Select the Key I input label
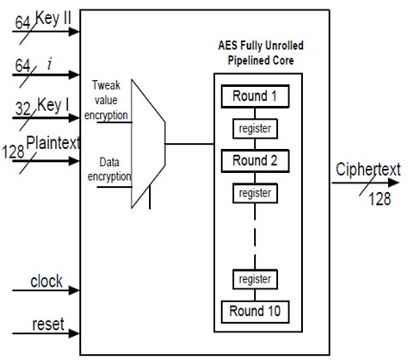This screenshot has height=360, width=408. pos(52,110)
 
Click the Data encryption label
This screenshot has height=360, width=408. pos(109,168)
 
